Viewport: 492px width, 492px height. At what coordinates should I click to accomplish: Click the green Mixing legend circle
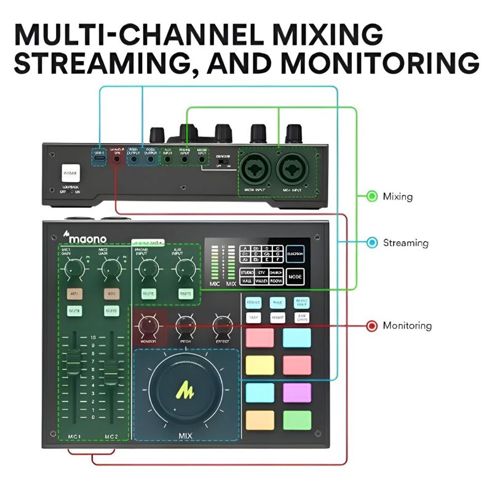click(371, 196)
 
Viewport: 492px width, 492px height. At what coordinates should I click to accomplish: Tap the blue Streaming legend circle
click(371, 242)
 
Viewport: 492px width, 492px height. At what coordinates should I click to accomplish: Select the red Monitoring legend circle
click(371, 326)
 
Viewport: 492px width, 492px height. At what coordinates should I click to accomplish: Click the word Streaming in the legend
click(405, 243)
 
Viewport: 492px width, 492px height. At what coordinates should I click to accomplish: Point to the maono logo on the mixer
click(85, 237)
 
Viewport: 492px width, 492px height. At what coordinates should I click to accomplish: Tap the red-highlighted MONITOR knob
click(148, 324)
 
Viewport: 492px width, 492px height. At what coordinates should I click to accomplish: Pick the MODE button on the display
click(295, 276)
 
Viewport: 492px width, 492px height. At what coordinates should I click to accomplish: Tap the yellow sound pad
click(260, 365)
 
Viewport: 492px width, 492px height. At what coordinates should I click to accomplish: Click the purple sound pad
click(296, 392)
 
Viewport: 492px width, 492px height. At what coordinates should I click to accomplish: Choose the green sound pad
click(296, 419)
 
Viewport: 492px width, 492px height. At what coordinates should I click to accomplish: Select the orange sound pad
click(260, 419)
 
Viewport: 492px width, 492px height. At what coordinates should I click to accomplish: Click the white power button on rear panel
click(71, 172)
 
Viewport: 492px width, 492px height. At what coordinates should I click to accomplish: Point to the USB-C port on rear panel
click(99, 158)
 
